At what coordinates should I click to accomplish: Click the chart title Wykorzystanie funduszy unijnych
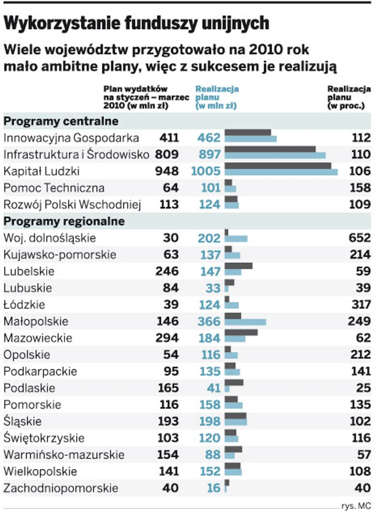(136, 23)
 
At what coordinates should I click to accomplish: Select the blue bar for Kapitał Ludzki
(281, 173)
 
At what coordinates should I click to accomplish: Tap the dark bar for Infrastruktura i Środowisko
(270, 149)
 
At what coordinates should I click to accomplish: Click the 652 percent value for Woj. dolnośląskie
(360, 238)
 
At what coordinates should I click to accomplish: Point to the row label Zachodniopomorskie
(60, 488)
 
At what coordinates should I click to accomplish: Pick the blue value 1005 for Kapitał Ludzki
(206, 171)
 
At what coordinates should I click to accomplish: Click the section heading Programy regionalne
(64, 221)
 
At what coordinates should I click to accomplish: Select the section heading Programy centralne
(61, 121)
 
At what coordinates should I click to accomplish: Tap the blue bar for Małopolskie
(245, 322)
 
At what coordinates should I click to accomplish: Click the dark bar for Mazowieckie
(241, 333)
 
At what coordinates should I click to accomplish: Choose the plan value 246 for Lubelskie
(167, 271)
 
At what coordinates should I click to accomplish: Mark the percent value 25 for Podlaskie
(364, 388)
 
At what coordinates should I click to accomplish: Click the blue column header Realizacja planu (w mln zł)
(216, 98)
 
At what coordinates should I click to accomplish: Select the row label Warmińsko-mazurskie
(64, 455)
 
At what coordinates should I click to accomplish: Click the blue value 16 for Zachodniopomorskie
(213, 488)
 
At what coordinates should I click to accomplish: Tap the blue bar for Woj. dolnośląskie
(236, 239)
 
